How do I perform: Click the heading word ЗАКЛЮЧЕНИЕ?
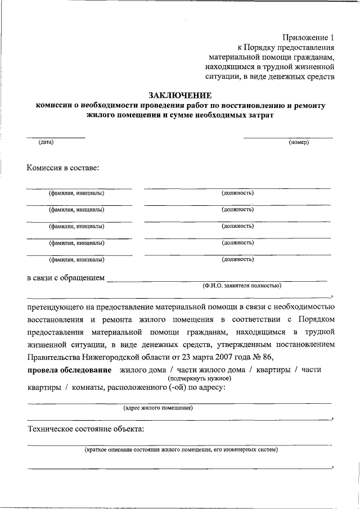[180, 95]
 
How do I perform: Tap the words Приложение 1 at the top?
[307, 37]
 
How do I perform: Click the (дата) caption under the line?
[46, 142]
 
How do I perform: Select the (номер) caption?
[299, 142]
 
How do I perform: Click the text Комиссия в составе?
[63, 167]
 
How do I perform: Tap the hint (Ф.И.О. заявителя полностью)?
[242, 285]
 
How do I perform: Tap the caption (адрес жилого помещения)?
[158, 408]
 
